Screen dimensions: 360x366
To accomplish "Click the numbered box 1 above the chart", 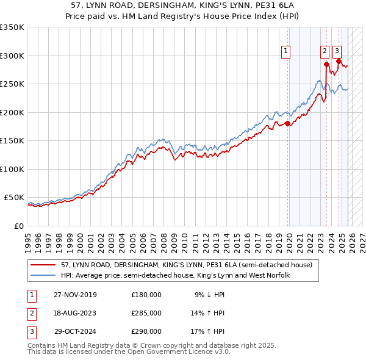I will [285, 51].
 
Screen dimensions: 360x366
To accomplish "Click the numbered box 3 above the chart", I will [337, 51].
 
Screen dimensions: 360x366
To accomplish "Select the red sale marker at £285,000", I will [327, 63].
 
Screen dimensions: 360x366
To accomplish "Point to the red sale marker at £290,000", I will [339, 60].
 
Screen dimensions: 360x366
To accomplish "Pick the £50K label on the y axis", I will [14, 198].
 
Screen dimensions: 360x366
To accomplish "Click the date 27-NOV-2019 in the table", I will [74, 295].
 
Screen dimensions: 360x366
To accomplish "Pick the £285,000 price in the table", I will [146, 313].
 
